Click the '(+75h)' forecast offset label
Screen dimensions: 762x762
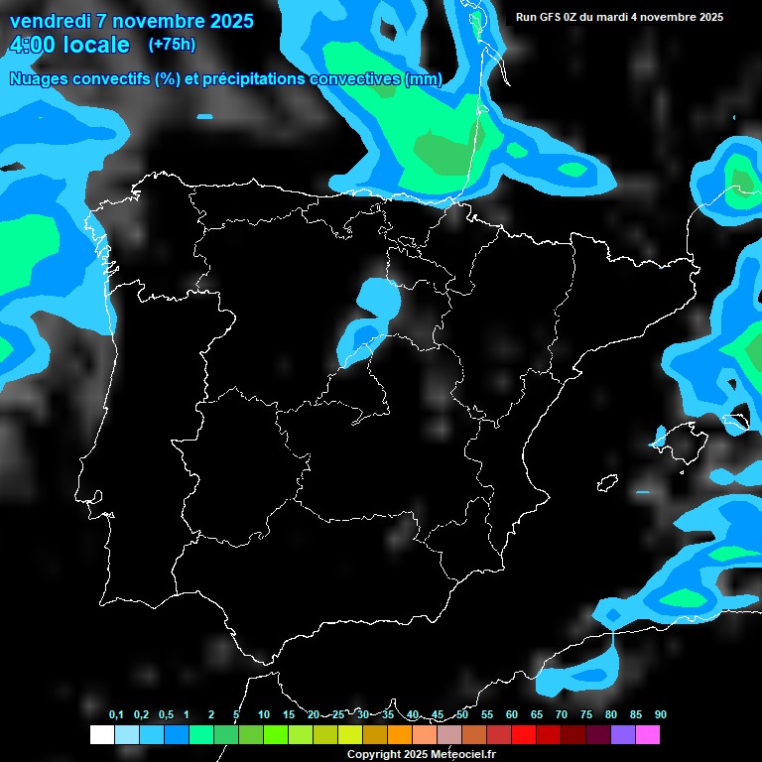[x=172, y=44]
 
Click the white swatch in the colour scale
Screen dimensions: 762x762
[x=101, y=735]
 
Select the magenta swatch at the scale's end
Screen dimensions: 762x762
[x=648, y=735]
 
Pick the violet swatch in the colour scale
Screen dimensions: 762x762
[x=623, y=735]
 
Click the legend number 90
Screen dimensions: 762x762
[x=661, y=714]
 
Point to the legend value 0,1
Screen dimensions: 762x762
[x=116, y=714]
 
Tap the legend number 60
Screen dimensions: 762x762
[x=512, y=714]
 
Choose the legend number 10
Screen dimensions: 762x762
[x=264, y=714]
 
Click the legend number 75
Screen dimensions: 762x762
[x=586, y=714]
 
